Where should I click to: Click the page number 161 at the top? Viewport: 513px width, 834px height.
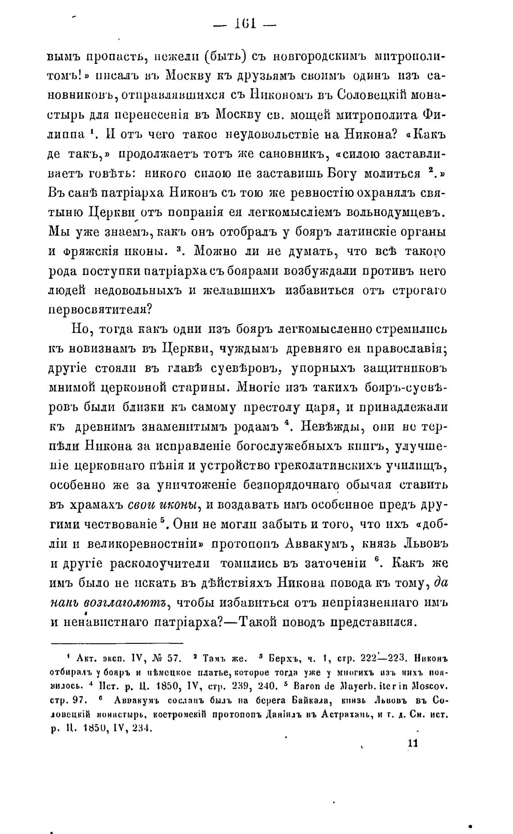pyautogui.click(x=245, y=23)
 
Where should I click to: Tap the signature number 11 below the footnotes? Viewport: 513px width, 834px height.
pyautogui.click(x=412, y=743)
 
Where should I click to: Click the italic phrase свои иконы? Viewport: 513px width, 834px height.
pyautogui.click(x=164, y=505)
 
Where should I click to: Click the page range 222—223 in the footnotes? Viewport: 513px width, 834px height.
pyautogui.click(x=383, y=659)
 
